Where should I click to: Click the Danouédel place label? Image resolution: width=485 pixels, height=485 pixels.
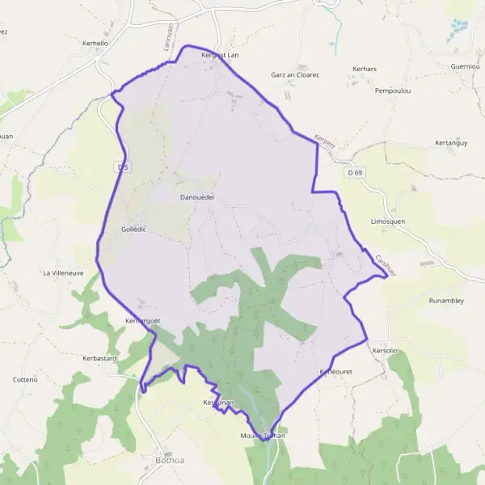[x=196, y=196]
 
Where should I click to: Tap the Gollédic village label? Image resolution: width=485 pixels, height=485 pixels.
[x=133, y=230]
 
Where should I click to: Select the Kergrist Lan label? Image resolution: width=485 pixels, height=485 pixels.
[x=220, y=55]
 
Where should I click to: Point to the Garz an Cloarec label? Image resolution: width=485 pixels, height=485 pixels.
[x=295, y=74]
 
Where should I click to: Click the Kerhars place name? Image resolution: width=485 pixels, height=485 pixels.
[x=365, y=69]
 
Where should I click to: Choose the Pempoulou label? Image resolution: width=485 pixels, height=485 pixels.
[x=394, y=91]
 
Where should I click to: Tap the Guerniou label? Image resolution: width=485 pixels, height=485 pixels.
[x=466, y=66]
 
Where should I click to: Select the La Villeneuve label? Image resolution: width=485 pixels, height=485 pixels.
[x=64, y=273]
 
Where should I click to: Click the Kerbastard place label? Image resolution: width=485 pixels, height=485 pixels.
[x=100, y=357]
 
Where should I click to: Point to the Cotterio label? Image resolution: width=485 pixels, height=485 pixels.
[x=25, y=379]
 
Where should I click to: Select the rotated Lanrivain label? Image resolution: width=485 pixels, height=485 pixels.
[x=170, y=36]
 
